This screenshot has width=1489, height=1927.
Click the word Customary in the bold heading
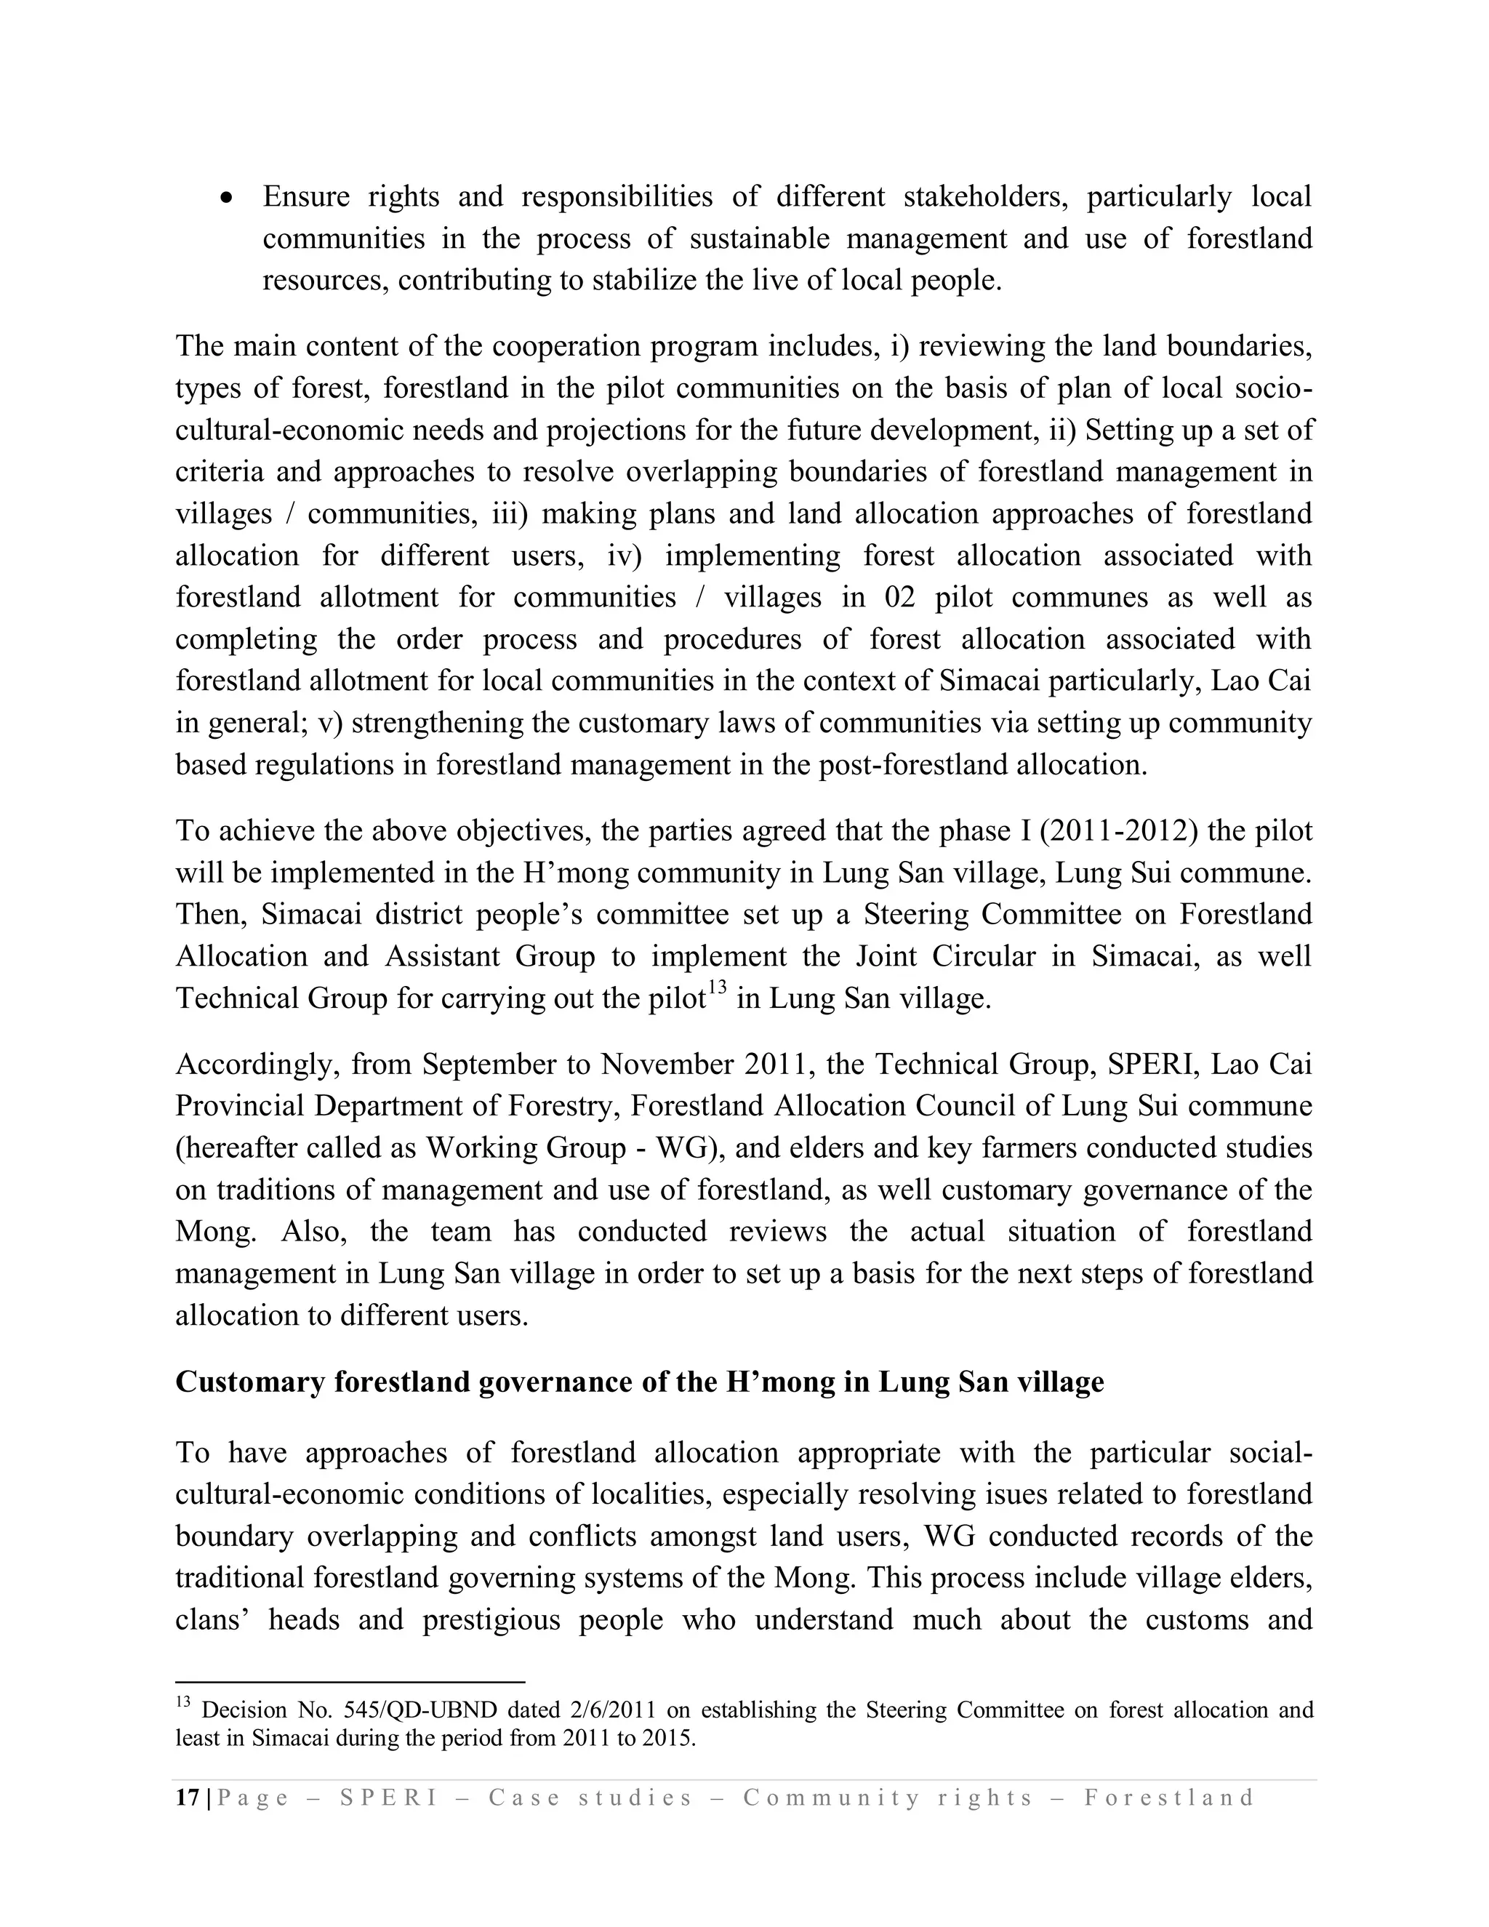[x=251, y=1382]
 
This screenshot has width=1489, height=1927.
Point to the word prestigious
[x=489, y=1620]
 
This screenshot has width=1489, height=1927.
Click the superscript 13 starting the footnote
[x=182, y=1704]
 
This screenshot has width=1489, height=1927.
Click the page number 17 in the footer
[x=187, y=1798]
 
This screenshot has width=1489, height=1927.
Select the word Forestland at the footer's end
[x=1169, y=1798]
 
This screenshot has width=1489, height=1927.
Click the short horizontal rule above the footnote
[x=350, y=1683]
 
